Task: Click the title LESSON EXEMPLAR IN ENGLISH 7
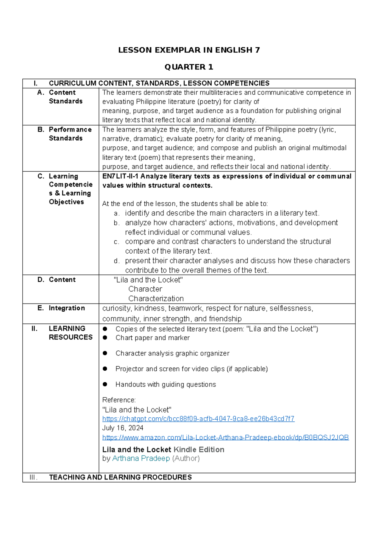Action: click(189, 50)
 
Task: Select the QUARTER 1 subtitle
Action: click(189, 67)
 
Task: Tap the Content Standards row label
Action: click(66, 97)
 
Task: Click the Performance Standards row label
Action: click(70, 134)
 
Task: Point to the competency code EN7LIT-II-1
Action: click(120, 176)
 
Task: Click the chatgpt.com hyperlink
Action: click(198, 419)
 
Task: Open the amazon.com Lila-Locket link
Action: click(226, 438)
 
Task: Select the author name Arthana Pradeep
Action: click(141, 458)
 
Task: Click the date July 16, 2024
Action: click(123, 428)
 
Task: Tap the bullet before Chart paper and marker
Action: click(105, 338)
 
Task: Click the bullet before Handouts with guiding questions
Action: click(105, 384)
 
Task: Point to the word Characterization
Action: click(156, 298)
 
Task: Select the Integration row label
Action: click(67, 308)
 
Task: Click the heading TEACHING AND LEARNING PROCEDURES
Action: click(120, 477)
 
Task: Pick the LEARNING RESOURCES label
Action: click(71, 333)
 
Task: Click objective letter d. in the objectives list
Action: click(117, 261)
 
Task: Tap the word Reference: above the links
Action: click(119, 400)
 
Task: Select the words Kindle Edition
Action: click(199, 450)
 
